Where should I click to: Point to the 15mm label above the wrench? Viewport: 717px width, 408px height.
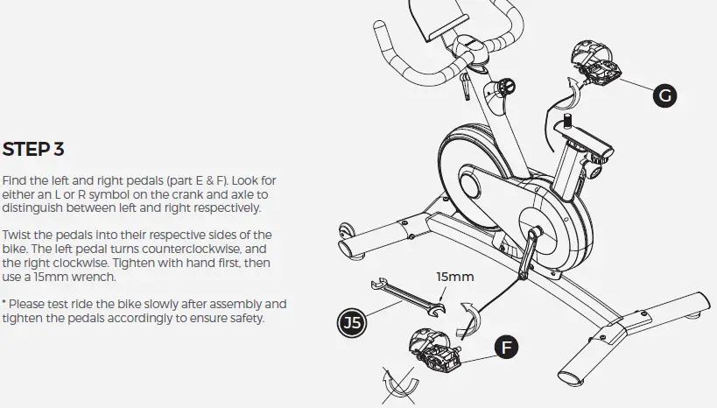tap(455, 278)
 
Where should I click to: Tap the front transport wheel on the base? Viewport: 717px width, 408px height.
tap(346, 236)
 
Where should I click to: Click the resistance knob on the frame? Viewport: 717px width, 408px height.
tap(504, 87)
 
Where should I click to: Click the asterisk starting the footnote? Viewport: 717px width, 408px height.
tap(5, 303)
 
